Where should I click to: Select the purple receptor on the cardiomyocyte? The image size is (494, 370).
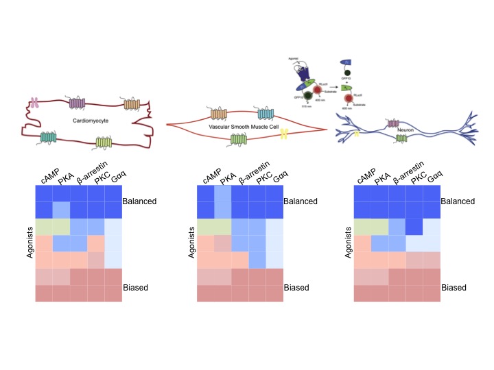pos(78,104)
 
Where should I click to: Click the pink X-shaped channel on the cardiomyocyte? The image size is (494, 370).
pos(34,103)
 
